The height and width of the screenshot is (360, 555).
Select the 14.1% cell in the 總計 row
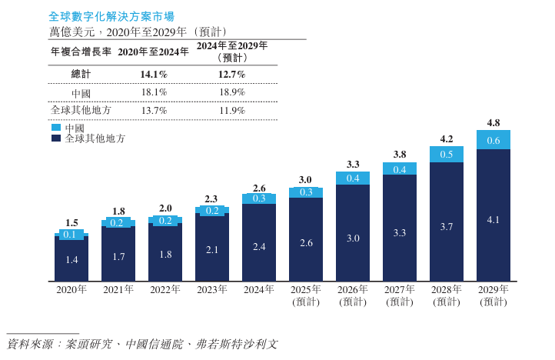pyautogui.click(x=154, y=75)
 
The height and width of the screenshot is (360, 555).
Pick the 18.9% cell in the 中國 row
pyautogui.click(x=231, y=92)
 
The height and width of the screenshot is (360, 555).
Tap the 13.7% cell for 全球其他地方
pyautogui.click(x=154, y=111)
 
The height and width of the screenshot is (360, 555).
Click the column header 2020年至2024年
pyautogui.click(x=154, y=52)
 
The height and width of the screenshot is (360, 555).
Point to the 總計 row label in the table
pyautogui.click(x=81, y=75)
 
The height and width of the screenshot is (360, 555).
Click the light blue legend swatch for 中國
pyautogui.click(x=56, y=128)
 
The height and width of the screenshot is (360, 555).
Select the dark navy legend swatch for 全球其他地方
pyautogui.click(x=56, y=139)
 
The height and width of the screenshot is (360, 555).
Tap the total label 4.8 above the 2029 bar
pyautogui.click(x=494, y=123)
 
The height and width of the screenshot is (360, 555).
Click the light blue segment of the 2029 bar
pyautogui.click(x=494, y=140)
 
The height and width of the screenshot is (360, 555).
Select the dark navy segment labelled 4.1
pyautogui.click(x=494, y=219)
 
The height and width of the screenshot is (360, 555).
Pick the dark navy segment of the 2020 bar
pyautogui.click(x=71, y=260)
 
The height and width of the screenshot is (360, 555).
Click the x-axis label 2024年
pyautogui.click(x=259, y=290)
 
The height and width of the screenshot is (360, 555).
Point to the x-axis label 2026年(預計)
pyautogui.click(x=353, y=295)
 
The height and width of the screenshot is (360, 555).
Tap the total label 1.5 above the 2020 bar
pyautogui.click(x=71, y=223)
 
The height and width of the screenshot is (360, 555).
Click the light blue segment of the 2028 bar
pyautogui.click(x=447, y=154)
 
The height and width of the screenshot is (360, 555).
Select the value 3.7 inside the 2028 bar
pyautogui.click(x=447, y=228)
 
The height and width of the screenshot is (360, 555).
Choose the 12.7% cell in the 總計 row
pyautogui.click(x=231, y=75)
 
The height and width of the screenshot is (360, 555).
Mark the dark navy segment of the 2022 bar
pyautogui.click(x=165, y=254)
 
